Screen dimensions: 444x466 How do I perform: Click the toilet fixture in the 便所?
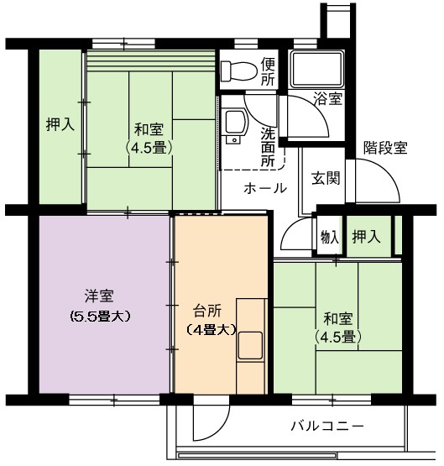[239, 71]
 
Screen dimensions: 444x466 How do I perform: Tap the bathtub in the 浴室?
[317, 69]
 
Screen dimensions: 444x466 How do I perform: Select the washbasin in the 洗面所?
[237, 126]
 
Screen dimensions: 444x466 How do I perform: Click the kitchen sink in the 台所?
[251, 345]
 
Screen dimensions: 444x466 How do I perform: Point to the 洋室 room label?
[99, 296]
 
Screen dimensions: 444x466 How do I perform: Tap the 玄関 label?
[326, 178]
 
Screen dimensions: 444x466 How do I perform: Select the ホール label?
[265, 188]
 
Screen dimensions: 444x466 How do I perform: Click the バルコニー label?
[327, 427]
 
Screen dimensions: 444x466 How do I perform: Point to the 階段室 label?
[385, 147]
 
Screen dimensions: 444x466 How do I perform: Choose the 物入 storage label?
[330, 238]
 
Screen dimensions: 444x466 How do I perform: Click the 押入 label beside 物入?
[366, 237]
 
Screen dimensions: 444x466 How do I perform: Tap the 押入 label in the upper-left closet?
[60, 124]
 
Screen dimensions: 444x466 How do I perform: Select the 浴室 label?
[328, 99]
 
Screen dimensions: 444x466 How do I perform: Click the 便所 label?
[268, 71]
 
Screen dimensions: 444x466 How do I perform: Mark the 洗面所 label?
[268, 147]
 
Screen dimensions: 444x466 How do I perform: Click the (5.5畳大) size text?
[100, 317]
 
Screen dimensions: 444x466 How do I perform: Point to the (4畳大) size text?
[212, 330]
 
